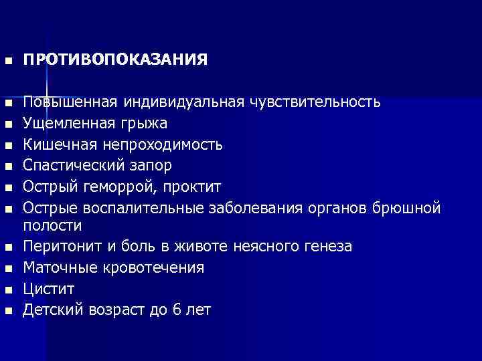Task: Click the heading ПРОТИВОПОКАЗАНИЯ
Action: point(115,60)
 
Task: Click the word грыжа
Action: point(145,124)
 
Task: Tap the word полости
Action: point(52,227)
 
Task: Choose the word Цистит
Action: point(49,289)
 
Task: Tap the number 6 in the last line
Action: point(171,310)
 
